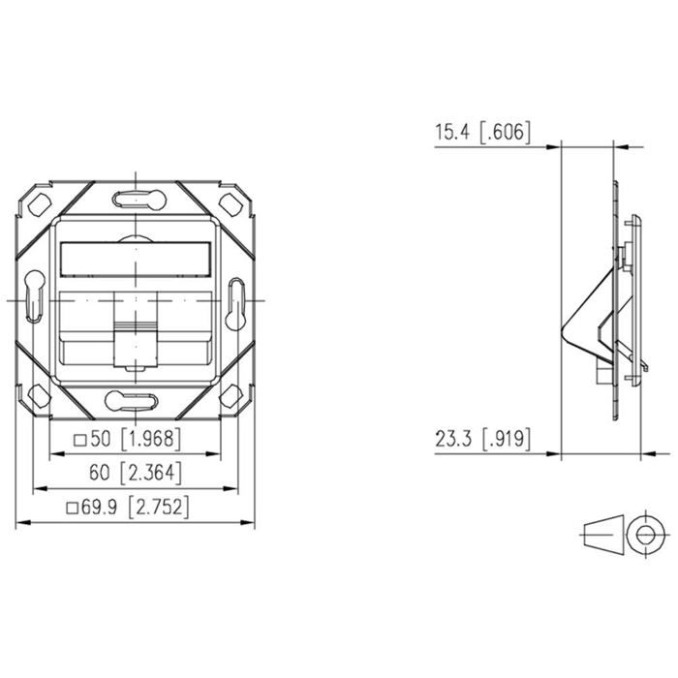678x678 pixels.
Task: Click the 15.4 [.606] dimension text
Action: pyautogui.click(x=481, y=134)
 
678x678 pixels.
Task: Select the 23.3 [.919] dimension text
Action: pyautogui.click(x=481, y=440)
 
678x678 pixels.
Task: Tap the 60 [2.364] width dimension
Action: pyautogui.click(x=135, y=474)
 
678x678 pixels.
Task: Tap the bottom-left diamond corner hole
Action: pyautogui.click(x=39, y=395)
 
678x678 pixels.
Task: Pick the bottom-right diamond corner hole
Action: pyautogui.click(x=232, y=395)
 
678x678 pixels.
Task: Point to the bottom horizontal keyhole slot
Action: pyautogui.click(x=136, y=399)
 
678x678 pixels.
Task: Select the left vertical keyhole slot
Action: pyautogui.click(x=34, y=299)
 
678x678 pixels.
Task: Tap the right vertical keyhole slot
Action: pyautogui.click(x=237, y=299)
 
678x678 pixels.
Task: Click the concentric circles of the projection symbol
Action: pyautogui.click(x=643, y=535)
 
